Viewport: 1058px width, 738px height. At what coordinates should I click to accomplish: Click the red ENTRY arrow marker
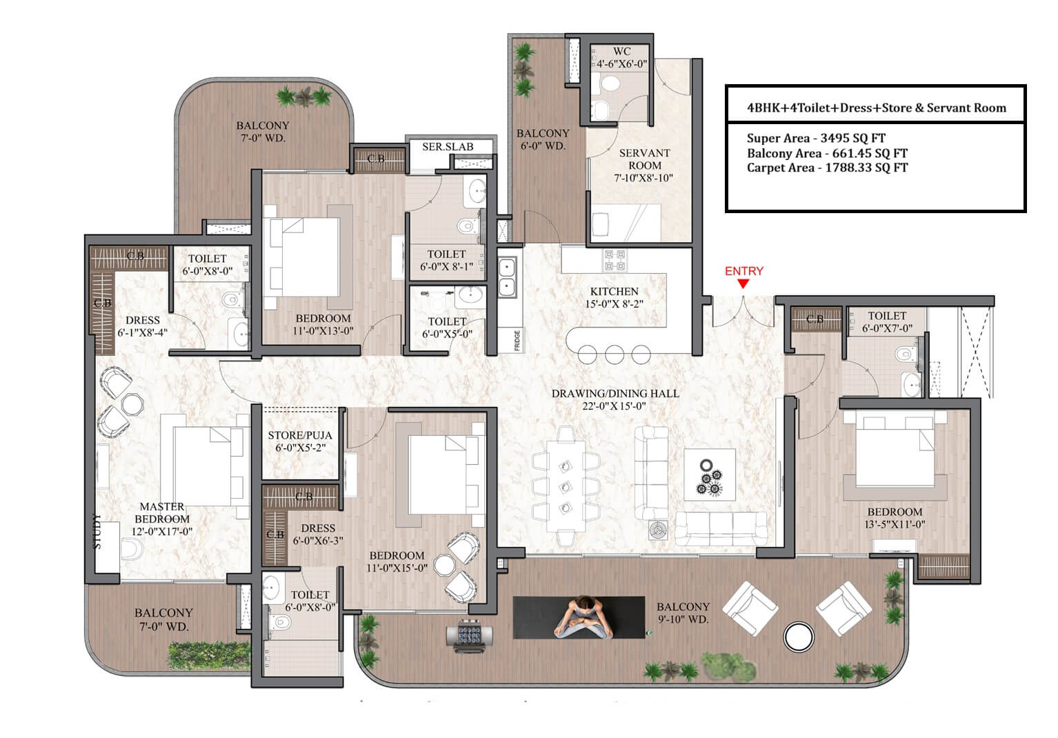tap(743, 283)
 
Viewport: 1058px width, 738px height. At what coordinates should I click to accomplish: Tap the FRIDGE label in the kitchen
tap(517, 340)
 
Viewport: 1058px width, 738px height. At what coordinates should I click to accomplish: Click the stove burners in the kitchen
tap(615, 260)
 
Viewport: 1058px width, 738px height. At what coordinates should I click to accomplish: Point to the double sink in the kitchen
tap(507, 277)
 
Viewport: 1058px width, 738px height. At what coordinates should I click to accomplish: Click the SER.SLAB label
tap(448, 147)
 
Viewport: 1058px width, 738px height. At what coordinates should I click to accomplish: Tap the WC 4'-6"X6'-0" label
tap(621, 58)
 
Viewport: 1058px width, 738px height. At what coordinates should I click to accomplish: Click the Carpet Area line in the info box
tap(827, 168)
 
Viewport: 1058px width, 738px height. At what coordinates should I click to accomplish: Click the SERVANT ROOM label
tap(645, 159)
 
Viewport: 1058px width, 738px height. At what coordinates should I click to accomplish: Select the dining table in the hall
tap(566, 486)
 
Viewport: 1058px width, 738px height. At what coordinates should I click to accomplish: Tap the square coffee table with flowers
tap(710, 475)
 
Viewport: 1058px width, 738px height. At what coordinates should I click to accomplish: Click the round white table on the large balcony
tap(798, 637)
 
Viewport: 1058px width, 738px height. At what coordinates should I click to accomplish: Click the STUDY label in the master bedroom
tap(97, 532)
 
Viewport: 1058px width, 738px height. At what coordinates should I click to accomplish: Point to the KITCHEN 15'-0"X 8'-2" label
tap(614, 298)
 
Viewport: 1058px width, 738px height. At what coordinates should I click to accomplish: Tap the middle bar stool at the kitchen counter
tap(614, 355)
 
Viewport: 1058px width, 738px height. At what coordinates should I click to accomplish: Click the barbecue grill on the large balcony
tap(469, 635)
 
